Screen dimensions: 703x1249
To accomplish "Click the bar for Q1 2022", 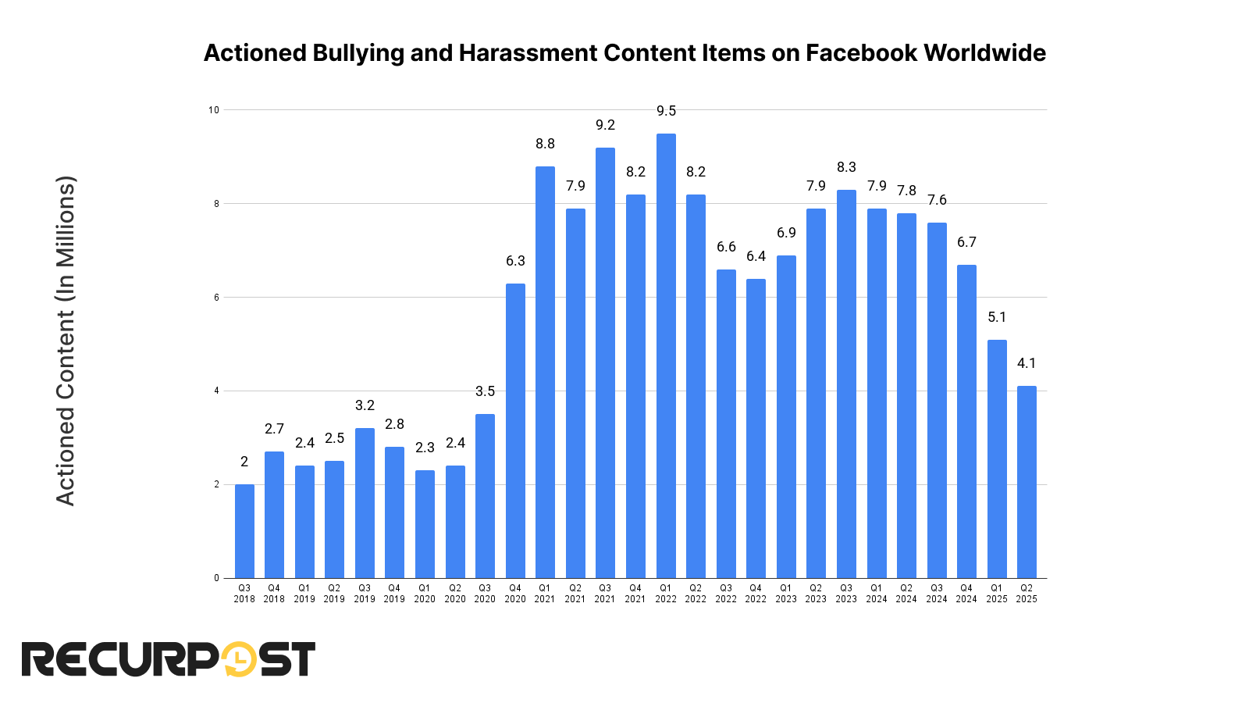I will click(666, 355).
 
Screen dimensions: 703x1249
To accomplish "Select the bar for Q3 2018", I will click(244, 531).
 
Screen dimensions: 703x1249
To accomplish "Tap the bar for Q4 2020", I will click(515, 430).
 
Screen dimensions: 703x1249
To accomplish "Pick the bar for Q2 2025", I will click(1027, 482).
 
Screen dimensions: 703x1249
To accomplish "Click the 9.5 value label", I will click(666, 111).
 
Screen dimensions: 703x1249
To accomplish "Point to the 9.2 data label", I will click(605, 125).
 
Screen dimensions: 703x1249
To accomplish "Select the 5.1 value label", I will click(997, 317).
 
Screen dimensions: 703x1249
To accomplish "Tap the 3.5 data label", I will click(485, 391).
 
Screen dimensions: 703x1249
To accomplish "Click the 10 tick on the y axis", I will click(213, 110).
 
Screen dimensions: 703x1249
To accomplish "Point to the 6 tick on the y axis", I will click(216, 298).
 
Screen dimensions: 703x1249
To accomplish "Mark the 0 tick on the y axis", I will click(216, 578).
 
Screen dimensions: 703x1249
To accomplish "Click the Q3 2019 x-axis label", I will click(365, 594).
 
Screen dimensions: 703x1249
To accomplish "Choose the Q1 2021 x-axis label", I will click(545, 594).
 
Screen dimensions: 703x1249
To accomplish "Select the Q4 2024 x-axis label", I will click(966, 594).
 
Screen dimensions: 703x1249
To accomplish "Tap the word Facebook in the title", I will click(861, 52).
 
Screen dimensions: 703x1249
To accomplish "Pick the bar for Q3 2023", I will click(846, 384).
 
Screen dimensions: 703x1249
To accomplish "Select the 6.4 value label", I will click(756, 256).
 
